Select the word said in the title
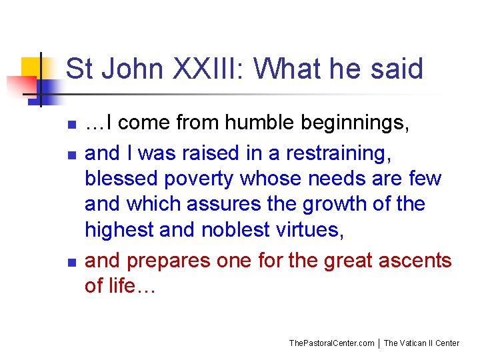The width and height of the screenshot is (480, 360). coord(398,69)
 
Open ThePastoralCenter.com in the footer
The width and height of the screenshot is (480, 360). coord(331,343)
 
